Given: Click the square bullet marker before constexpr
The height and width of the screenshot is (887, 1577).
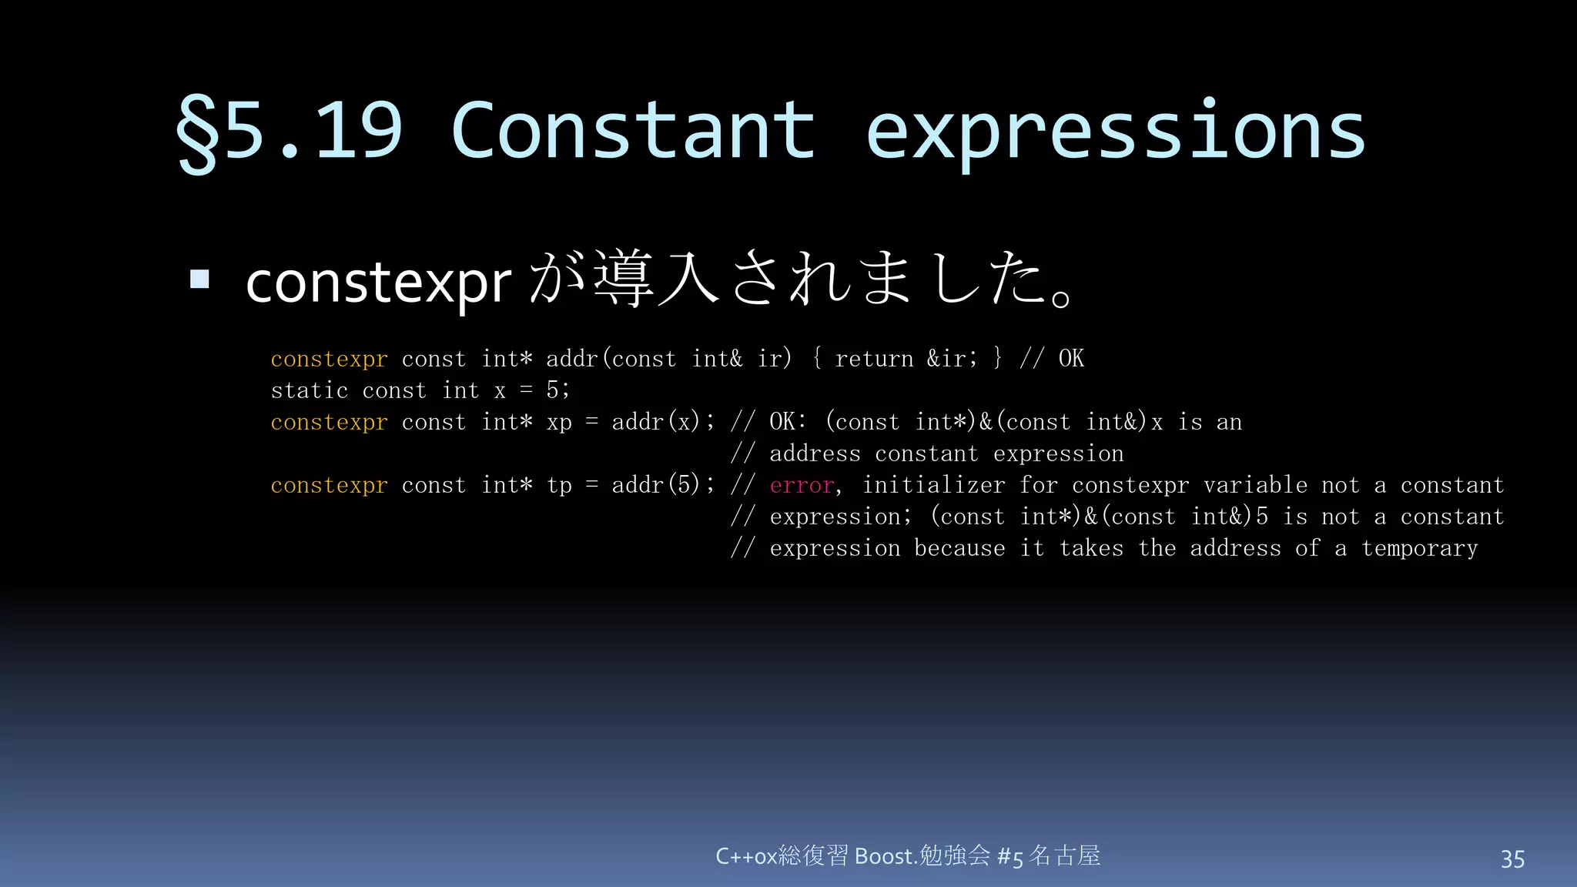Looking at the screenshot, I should (199, 279).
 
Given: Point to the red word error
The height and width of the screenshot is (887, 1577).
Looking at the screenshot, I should (802, 485).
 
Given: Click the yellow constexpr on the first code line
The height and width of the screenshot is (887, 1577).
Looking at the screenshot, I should (329, 359).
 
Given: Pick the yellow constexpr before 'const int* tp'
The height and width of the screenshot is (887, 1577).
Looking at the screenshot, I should (329, 485).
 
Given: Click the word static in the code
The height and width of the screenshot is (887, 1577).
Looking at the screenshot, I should (310, 390).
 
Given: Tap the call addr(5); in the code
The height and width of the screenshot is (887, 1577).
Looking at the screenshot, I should (662, 485).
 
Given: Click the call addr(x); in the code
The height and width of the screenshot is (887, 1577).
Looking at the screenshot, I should (662, 422).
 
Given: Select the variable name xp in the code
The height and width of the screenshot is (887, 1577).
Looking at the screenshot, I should (559, 423).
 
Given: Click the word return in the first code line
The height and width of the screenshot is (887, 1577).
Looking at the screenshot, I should (874, 359).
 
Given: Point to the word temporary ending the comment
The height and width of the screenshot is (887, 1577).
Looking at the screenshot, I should (1419, 548).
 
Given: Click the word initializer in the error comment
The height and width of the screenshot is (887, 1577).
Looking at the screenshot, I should (933, 485).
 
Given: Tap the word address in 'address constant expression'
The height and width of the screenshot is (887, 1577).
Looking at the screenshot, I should (815, 454).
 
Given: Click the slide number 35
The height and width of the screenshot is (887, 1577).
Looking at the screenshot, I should (1512, 859).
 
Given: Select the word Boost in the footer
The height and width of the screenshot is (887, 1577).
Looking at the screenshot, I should (884, 856).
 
